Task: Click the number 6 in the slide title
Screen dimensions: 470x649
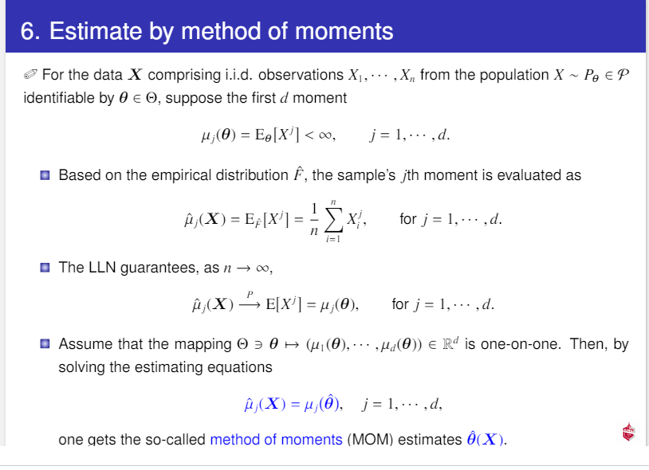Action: pos(26,31)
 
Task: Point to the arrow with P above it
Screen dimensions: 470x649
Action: pos(249,304)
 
